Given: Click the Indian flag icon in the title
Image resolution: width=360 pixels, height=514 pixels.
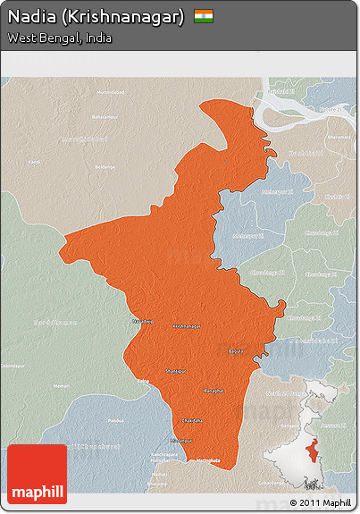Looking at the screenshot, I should click(204, 17).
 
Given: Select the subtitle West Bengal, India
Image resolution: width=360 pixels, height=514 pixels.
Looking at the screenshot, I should click(59, 39).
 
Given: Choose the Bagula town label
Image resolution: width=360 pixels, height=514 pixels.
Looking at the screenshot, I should click(236, 351).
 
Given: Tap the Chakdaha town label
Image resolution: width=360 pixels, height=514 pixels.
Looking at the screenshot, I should click(191, 419).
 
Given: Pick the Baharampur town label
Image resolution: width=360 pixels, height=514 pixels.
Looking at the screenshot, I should click(105, 117).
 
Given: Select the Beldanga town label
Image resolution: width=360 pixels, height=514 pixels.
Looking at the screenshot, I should click(106, 166).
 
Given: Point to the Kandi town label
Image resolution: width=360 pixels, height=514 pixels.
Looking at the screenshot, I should click(34, 162).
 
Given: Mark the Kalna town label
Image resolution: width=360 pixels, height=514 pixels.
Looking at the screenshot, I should click(142, 381).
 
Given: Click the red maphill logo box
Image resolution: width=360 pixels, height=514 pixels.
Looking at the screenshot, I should click(37, 475).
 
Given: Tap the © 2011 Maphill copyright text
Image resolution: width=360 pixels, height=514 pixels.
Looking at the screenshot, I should click(321, 502).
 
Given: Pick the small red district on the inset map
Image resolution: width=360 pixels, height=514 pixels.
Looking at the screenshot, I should click(311, 450).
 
